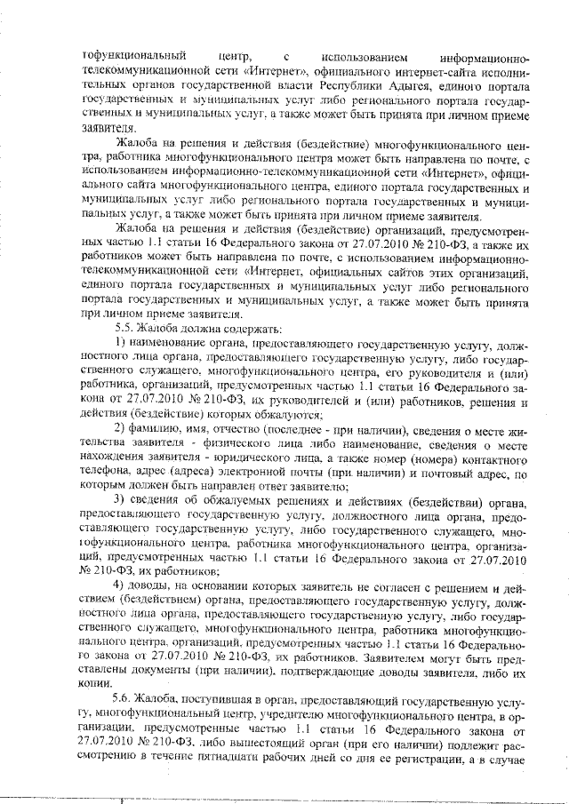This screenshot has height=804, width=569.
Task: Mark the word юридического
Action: tap(212, 461)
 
